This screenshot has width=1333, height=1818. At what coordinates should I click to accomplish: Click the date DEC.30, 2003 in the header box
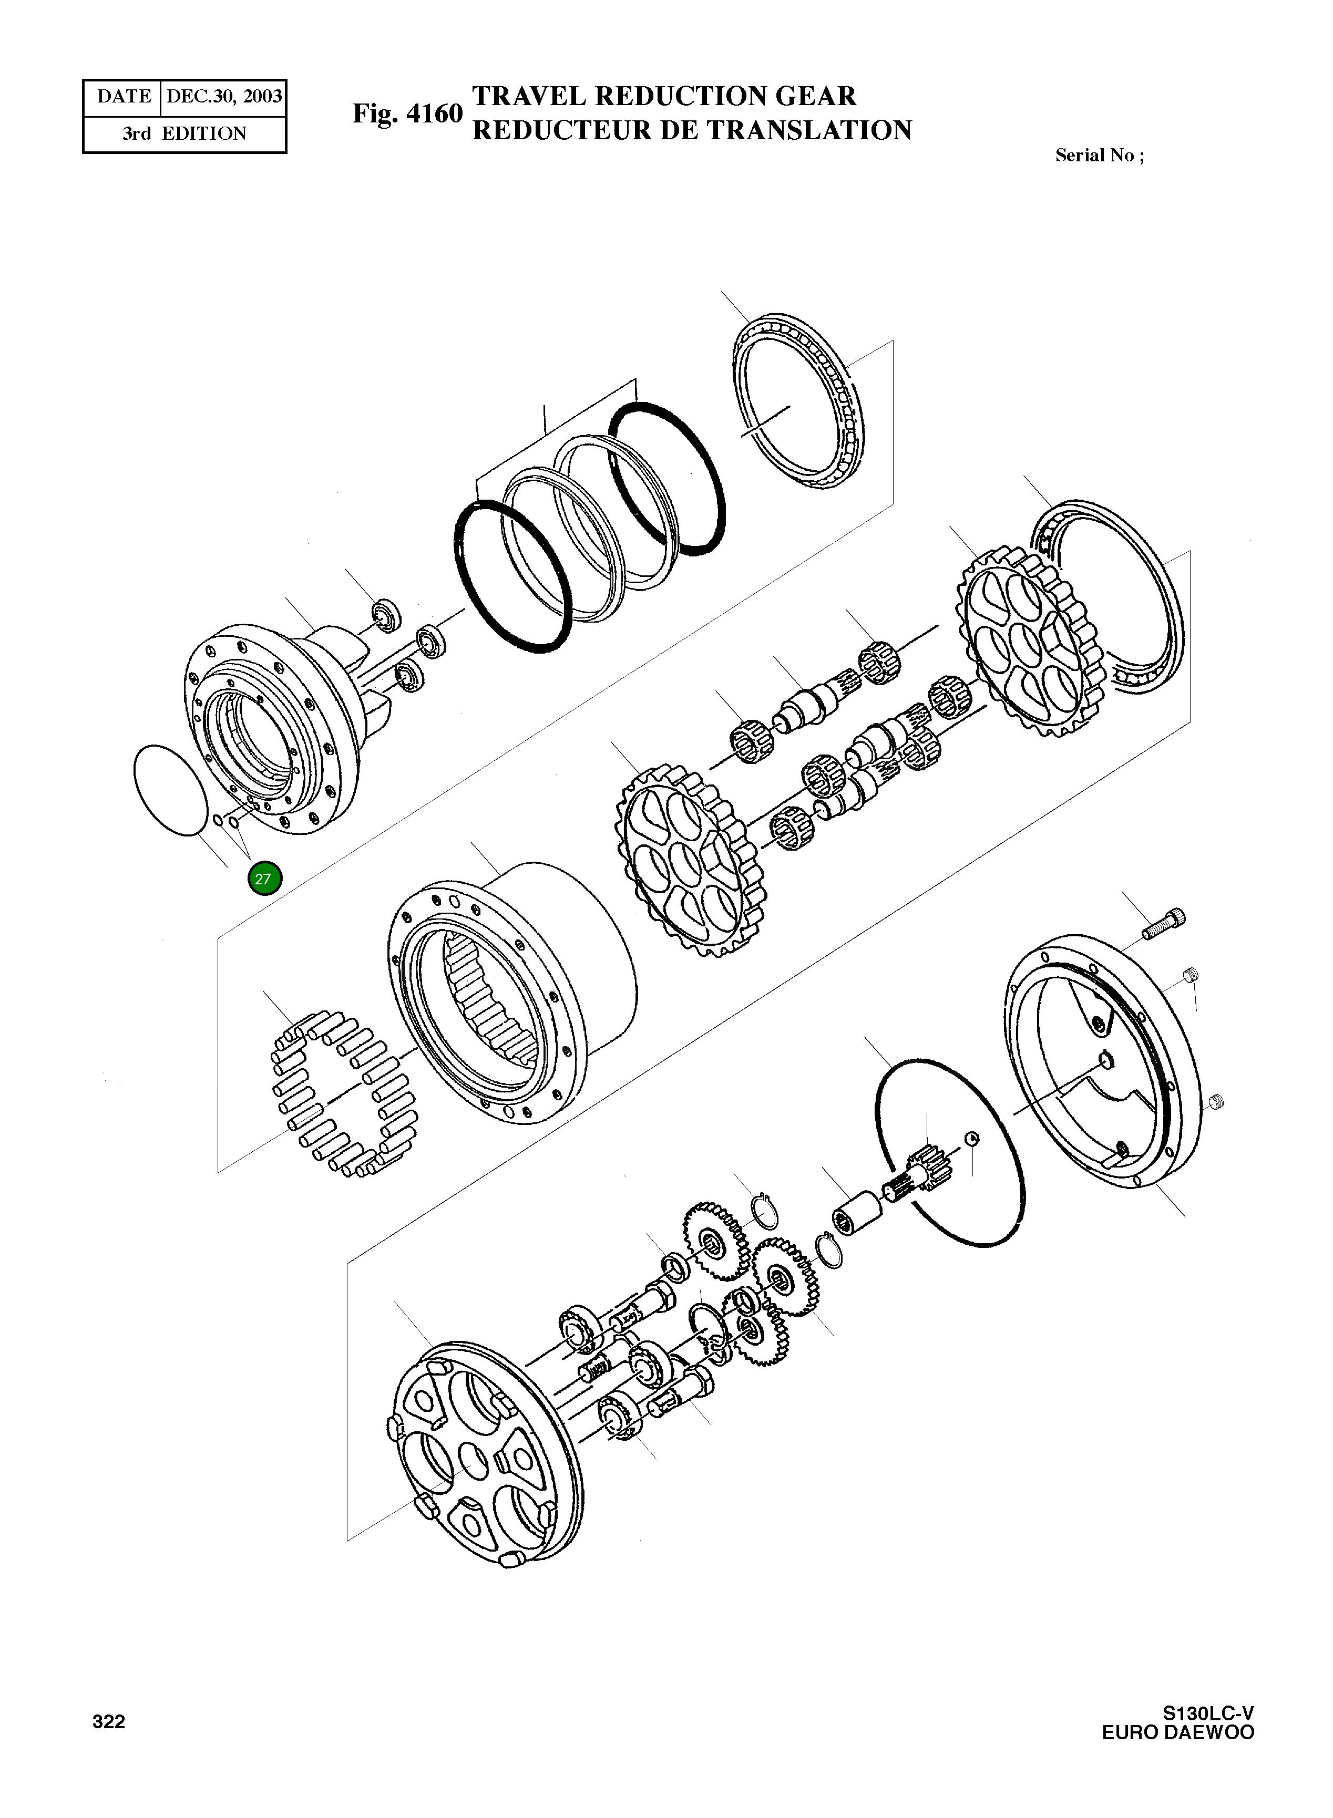pyautogui.click(x=223, y=97)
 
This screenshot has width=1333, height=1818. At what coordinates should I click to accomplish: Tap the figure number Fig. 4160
pyautogui.click(x=407, y=113)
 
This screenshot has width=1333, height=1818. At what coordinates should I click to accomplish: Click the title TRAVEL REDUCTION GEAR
pyautogui.click(x=663, y=96)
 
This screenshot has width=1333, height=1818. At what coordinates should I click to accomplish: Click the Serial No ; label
pyautogui.click(x=1099, y=156)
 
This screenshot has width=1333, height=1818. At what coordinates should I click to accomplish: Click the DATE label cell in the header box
pyautogui.click(x=124, y=97)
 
